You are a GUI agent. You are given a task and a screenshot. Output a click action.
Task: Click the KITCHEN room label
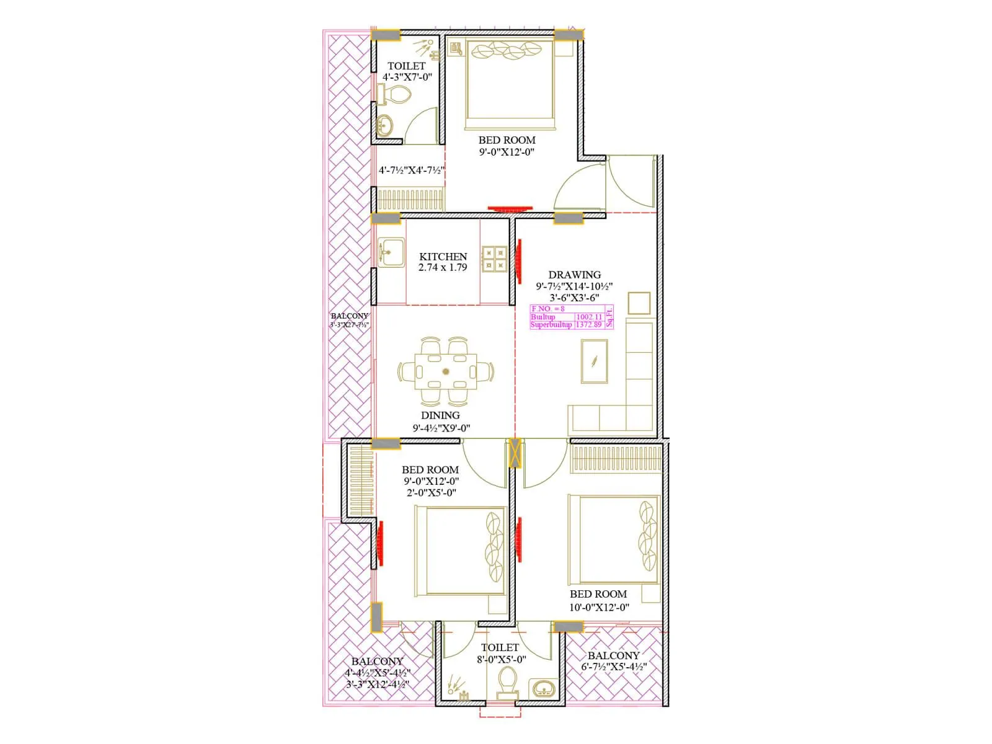[x=443, y=256]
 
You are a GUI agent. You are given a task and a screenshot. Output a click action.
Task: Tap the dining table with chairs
[x=445, y=372]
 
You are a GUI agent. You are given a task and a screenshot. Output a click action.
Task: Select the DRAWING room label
[x=574, y=274]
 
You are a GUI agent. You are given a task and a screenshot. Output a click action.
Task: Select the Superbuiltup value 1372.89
[x=589, y=324]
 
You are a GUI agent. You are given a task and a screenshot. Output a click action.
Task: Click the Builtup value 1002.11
[x=589, y=317]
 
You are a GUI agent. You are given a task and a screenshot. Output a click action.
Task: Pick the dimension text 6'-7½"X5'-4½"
[x=614, y=667]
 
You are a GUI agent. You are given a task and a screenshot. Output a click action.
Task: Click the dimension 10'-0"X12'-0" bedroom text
[x=599, y=608]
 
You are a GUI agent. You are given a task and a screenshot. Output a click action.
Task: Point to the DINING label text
[x=440, y=415]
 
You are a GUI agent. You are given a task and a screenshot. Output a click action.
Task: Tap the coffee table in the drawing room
[x=594, y=361]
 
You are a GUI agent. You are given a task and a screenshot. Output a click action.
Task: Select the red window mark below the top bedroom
[x=510, y=209]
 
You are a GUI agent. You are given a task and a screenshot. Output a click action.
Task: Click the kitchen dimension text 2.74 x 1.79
[x=443, y=268]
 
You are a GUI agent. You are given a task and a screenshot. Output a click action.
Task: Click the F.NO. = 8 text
[x=548, y=309]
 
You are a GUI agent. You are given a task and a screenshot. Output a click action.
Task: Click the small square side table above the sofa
[x=639, y=303]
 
